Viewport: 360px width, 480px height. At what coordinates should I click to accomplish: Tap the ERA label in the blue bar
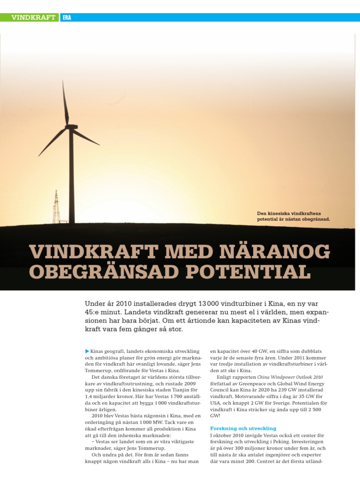67,18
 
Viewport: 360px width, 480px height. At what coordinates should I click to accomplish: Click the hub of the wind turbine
71,127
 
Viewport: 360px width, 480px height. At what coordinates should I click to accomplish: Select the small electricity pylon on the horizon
56,207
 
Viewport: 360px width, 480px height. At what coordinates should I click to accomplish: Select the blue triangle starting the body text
87,351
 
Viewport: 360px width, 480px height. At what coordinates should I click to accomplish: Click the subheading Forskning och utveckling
243,428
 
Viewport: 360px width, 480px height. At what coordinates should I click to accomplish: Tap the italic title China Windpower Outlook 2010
290,377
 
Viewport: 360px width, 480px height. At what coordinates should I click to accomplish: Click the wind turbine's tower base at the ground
72,222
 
